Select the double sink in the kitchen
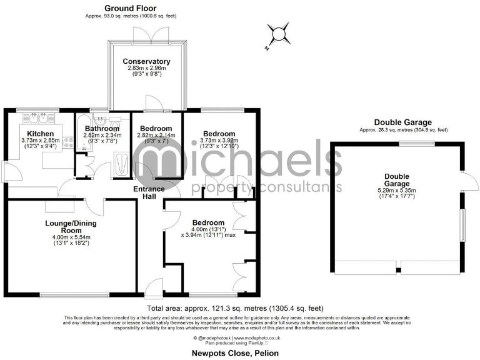coord(39,118)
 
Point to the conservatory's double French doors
coord(148,34)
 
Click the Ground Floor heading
coord(131,8)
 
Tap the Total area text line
coord(236,309)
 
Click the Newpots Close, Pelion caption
coord(239,352)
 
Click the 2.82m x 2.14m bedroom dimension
coord(156,135)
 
